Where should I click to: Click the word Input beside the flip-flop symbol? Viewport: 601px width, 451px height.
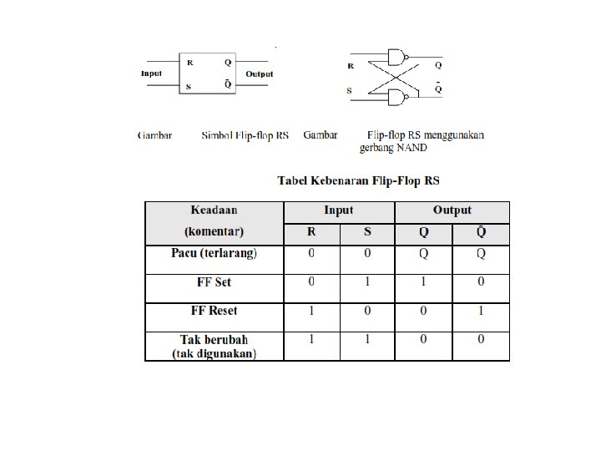point(151,73)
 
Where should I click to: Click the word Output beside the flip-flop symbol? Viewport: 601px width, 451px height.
point(260,73)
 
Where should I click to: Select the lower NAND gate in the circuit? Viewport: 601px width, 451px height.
point(399,98)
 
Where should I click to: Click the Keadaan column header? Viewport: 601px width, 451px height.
point(214,210)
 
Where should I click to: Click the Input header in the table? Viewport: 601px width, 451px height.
point(338,210)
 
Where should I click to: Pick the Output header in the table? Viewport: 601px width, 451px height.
point(452,210)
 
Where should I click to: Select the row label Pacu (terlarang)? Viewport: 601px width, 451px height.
point(214,253)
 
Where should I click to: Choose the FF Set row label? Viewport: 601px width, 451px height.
point(214,282)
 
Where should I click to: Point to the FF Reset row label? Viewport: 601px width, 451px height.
point(214,311)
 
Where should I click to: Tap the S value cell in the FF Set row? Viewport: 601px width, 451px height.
point(366,282)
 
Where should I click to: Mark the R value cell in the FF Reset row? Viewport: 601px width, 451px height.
point(311,311)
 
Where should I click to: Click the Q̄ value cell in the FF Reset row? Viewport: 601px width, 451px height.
point(480,311)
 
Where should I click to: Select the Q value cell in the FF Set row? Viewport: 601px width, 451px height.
point(423,282)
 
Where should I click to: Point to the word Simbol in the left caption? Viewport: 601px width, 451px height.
point(221,134)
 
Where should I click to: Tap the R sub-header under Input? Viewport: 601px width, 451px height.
point(311,233)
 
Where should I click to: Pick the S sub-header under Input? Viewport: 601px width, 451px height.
point(366,233)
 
